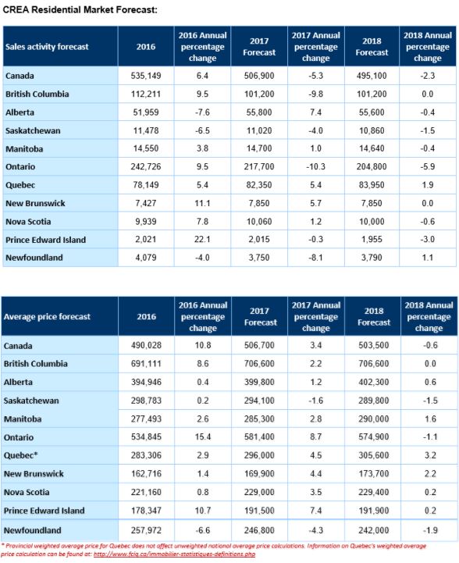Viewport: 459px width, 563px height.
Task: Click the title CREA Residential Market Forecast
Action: coord(80,9)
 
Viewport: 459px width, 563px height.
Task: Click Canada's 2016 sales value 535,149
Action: coord(146,76)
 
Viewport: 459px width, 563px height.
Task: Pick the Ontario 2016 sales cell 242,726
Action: coord(146,166)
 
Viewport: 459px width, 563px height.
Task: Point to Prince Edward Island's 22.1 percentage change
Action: coord(202,240)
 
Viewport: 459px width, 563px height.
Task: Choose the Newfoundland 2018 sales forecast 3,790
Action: coord(372,258)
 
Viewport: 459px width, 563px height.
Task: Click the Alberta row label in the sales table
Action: coord(20,112)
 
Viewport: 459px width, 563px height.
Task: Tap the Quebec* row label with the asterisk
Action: coord(20,455)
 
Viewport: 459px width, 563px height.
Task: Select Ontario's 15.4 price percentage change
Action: coord(203,437)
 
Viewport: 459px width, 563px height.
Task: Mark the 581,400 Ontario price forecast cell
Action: coord(259,437)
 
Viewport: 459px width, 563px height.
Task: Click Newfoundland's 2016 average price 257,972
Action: coord(146,530)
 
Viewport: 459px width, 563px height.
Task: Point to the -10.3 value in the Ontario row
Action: coord(316,166)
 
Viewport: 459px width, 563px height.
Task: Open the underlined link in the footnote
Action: coord(174,554)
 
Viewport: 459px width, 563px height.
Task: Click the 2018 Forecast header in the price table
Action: coord(374,317)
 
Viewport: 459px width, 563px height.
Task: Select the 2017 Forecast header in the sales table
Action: coord(259,47)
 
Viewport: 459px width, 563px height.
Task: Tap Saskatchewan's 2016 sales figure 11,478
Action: coord(146,130)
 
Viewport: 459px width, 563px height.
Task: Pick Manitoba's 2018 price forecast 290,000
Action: coord(374,419)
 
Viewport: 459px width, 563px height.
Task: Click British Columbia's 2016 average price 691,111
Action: coord(146,364)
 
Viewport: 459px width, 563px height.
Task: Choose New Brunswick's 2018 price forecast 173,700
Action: coord(374,474)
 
